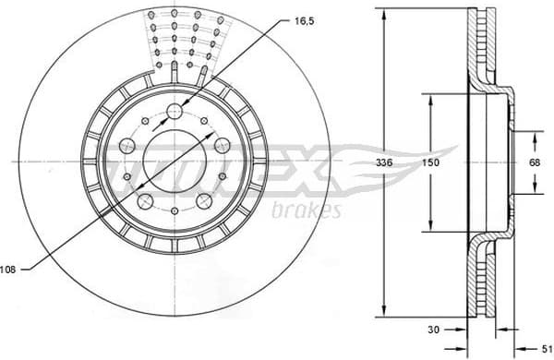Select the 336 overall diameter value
394,162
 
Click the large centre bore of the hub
175,162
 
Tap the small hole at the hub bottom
175,212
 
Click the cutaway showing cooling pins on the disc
185,42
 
